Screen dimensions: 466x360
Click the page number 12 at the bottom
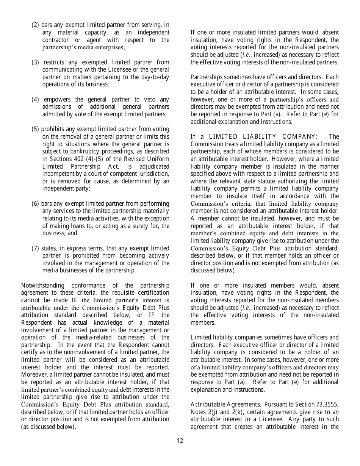[x=180, y=441]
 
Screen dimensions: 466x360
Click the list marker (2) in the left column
[x=35, y=25]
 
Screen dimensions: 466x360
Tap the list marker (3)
[x=35, y=62]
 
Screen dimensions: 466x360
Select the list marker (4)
[x=35, y=99]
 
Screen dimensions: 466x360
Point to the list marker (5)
[x=35, y=129]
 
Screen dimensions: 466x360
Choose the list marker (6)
[x=35, y=203]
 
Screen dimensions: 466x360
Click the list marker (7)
[x=35, y=248]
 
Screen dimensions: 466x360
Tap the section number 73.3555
[x=327, y=404]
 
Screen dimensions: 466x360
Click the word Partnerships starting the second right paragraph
[x=207, y=77]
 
